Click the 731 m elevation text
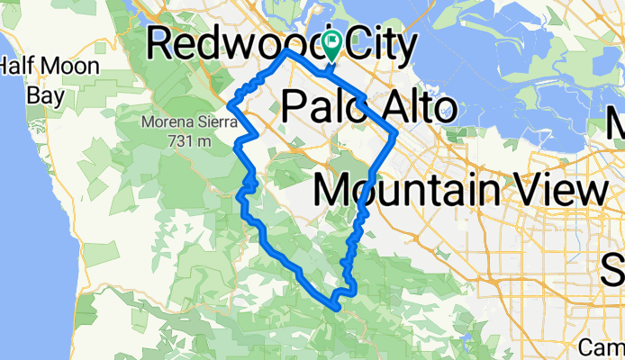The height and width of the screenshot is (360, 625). pyautogui.click(x=189, y=140)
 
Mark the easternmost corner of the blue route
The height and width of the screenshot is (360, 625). pyautogui.click(x=397, y=134)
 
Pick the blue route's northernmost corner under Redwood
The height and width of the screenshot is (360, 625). pyautogui.click(x=286, y=51)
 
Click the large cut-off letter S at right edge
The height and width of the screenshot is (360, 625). pyautogui.click(x=614, y=267)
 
